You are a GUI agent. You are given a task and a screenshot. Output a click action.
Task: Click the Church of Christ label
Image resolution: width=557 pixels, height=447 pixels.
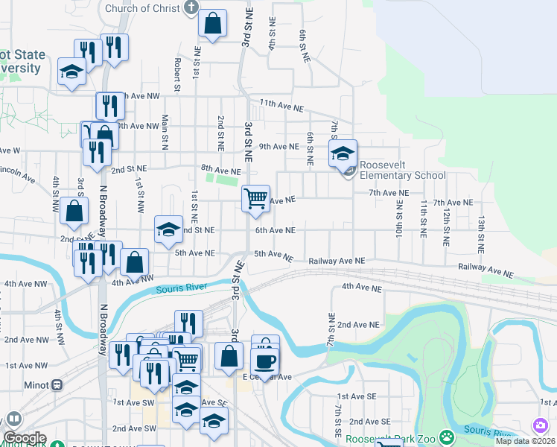[x=142, y=9]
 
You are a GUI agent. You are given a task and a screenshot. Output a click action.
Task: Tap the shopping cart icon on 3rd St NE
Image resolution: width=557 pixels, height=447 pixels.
[x=255, y=198]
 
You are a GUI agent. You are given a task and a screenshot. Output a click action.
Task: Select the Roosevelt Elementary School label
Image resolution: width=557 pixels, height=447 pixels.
[x=402, y=171]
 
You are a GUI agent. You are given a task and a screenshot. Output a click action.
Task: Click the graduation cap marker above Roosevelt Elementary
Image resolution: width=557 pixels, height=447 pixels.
[x=343, y=154]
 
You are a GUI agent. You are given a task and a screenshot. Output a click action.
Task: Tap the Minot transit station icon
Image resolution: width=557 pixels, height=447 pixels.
[x=57, y=385]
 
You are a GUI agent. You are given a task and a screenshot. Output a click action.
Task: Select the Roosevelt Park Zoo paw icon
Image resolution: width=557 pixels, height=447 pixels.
[x=446, y=436]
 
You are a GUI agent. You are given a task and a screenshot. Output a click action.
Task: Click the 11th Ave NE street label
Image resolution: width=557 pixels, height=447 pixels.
[x=282, y=107]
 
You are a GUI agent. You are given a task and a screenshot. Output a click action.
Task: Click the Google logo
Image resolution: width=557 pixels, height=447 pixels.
[x=25, y=438]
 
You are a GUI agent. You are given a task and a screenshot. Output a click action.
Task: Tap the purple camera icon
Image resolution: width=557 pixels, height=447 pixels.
[x=540, y=425]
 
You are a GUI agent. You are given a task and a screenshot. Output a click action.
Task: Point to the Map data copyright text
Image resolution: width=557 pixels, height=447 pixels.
[x=525, y=441]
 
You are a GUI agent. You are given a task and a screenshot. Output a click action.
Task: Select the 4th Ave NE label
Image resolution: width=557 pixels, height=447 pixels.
[x=361, y=287]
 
